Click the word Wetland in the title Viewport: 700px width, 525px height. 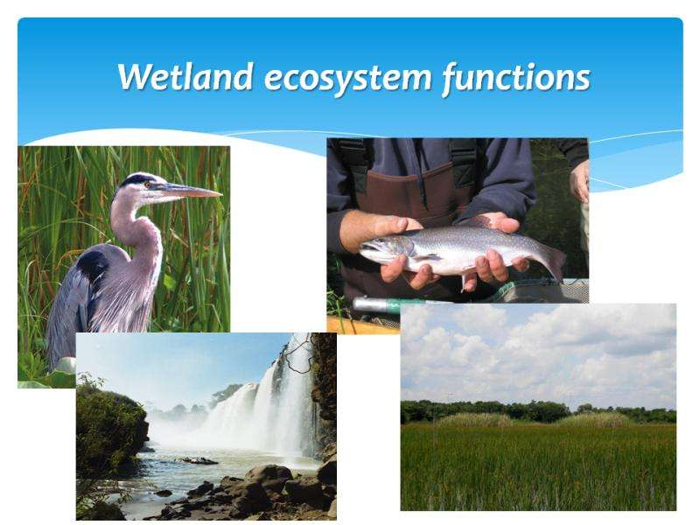tap(185, 77)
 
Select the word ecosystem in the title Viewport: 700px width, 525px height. tap(348, 79)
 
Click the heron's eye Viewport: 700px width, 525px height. tap(148, 185)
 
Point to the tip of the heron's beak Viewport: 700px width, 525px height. tap(221, 194)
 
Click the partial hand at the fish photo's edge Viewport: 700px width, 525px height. tap(580, 181)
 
